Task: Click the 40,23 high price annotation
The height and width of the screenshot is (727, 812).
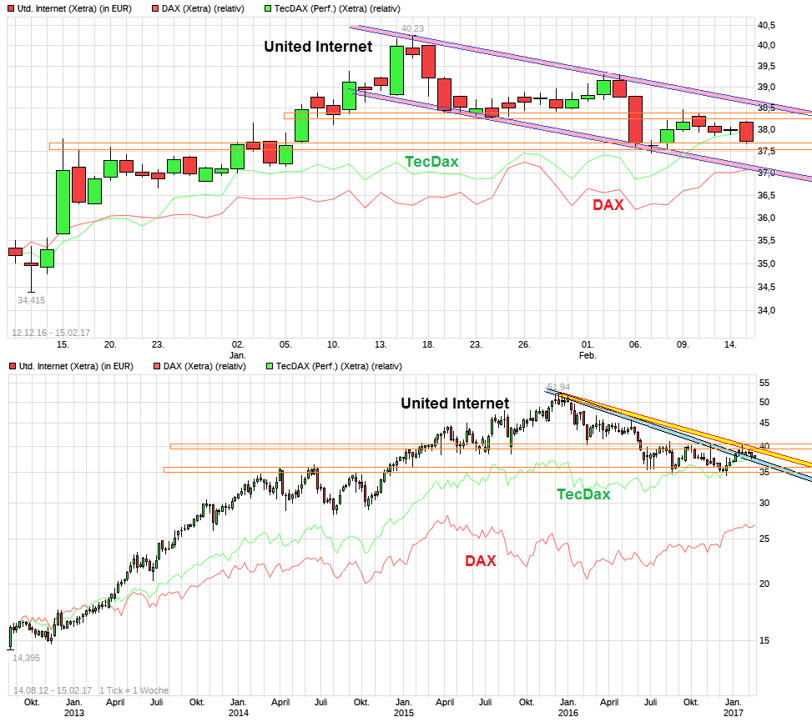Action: click(x=412, y=28)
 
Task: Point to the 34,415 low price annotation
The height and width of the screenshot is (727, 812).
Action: click(x=32, y=300)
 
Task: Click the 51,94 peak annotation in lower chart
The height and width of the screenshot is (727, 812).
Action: click(x=558, y=387)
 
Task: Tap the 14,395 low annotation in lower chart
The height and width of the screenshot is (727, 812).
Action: click(x=26, y=658)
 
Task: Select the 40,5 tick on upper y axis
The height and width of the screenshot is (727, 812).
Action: click(x=766, y=25)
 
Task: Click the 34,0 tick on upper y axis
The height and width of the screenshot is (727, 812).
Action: click(x=766, y=310)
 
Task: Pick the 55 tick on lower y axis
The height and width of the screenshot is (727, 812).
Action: click(x=763, y=383)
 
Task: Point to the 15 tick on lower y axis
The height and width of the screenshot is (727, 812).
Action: click(x=763, y=640)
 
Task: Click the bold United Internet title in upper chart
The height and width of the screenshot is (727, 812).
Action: click(x=318, y=47)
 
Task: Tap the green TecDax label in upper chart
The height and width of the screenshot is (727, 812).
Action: click(x=431, y=162)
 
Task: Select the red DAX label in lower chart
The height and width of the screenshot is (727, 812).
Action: click(x=480, y=561)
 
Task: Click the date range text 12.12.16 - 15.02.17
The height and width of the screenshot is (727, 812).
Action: click(x=50, y=333)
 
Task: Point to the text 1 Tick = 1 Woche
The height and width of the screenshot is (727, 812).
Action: click(x=134, y=690)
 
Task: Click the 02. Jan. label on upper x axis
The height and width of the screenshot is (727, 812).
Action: click(x=238, y=349)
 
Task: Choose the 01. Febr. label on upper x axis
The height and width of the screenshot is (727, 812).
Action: click(x=588, y=349)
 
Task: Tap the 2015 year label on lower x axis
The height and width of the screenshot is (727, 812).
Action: click(x=403, y=713)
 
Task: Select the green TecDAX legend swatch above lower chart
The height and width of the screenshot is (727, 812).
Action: click(x=269, y=365)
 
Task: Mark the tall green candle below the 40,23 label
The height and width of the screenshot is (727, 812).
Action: click(x=396, y=70)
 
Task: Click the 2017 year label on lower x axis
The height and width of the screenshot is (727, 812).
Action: click(x=734, y=713)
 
